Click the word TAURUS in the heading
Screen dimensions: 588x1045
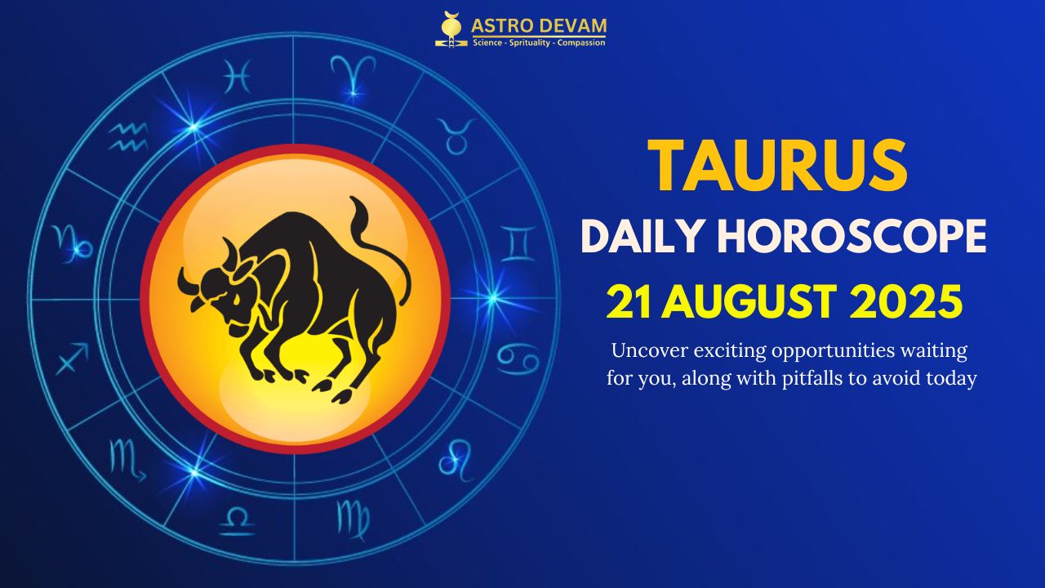(x=776, y=166)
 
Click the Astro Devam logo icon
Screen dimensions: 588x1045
(x=451, y=29)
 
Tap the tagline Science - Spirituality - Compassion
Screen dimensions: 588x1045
(x=539, y=42)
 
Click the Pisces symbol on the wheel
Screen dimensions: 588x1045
(x=236, y=78)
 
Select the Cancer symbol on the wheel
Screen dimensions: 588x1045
(x=518, y=358)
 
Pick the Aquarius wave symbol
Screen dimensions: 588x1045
(x=129, y=136)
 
